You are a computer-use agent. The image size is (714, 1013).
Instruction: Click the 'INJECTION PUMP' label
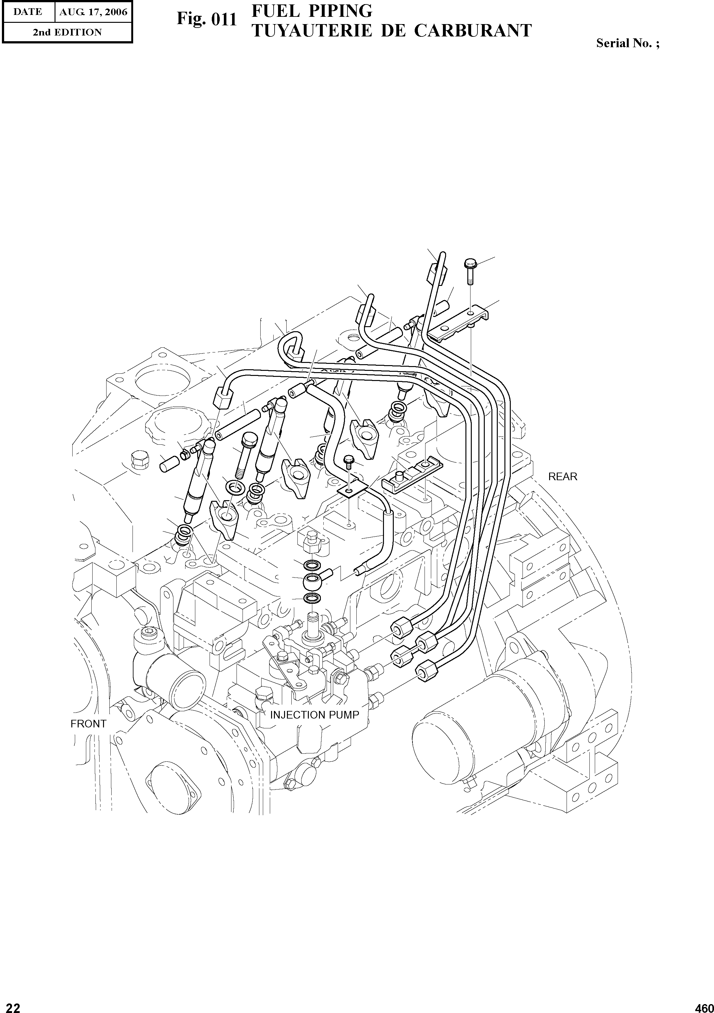(314, 715)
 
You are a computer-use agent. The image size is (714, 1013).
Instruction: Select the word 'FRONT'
(88, 724)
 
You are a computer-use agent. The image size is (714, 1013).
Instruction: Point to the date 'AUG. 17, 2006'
(93, 12)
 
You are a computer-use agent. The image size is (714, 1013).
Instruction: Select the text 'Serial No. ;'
(627, 43)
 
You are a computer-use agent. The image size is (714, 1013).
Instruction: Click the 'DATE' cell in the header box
(27, 12)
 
